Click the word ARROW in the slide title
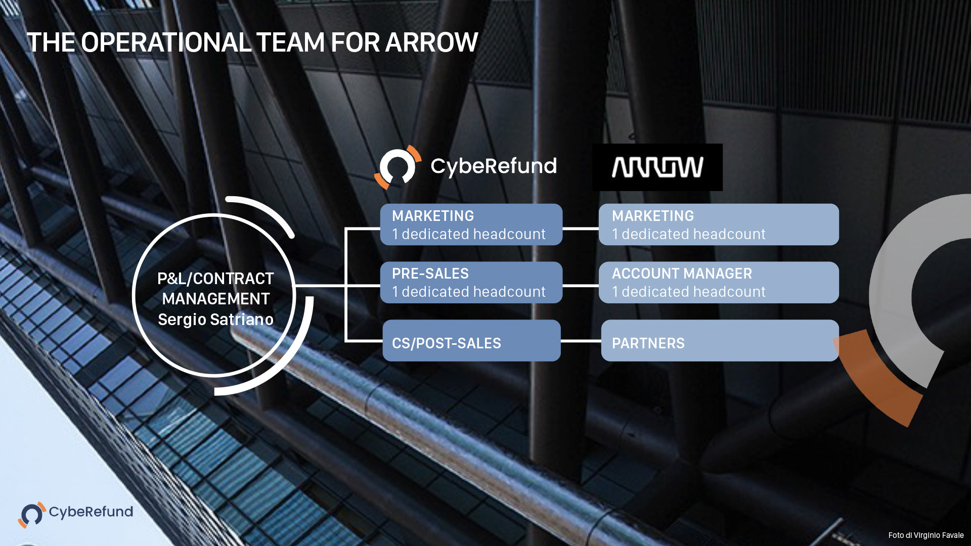point(431,42)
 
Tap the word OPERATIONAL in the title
point(166,42)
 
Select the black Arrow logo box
point(657,167)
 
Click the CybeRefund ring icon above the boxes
point(398,167)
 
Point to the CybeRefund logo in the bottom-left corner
point(76,513)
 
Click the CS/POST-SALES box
point(471,341)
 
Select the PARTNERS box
point(719,341)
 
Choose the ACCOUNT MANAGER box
point(718,283)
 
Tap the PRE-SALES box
point(471,283)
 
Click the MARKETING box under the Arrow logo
point(718,224)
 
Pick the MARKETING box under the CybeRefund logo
point(471,224)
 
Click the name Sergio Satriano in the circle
point(215,320)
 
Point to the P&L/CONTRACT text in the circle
point(215,279)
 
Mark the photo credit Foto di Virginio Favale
point(925,535)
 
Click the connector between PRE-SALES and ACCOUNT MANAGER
point(581,286)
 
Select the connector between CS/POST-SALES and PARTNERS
point(581,341)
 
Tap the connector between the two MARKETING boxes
point(581,229)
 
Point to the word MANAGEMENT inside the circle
point(215,299)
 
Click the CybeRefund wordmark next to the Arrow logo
point(493,166)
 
